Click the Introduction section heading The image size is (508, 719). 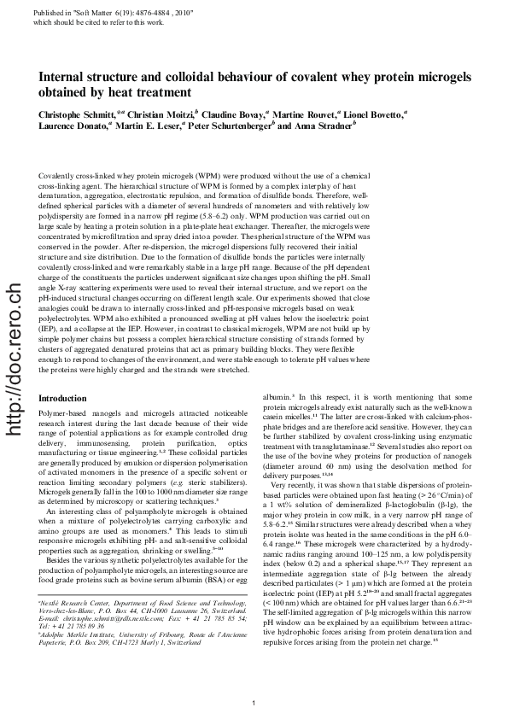point(65,398)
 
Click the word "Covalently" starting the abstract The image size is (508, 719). point(58,174)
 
